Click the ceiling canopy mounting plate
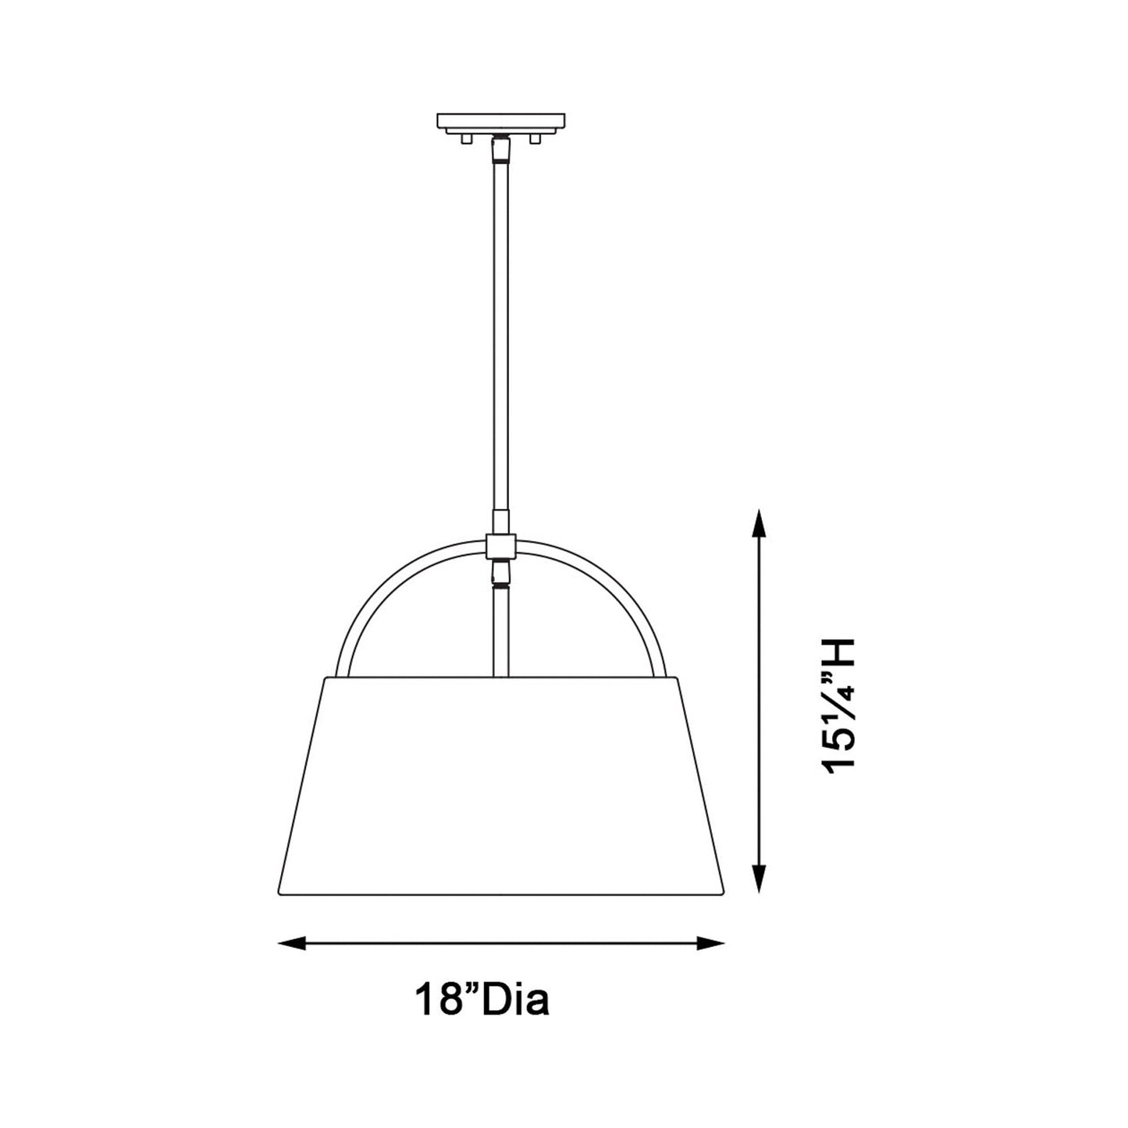pyautogui.click(x=501, y=122)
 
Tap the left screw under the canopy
pyautogui.click(x=466, y=139)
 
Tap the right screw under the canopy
pyautogui.click(x=535, y=139)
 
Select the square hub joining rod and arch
pyautogui.click(x=500, y=546)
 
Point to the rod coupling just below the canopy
pyautogui.click(x=500, y=148)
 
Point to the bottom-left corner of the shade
pyautogui.click(x=279, y=895)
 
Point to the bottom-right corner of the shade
pyautogui.click(x=724, y=895)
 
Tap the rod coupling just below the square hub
pyautogui.click(x=500, y=574)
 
